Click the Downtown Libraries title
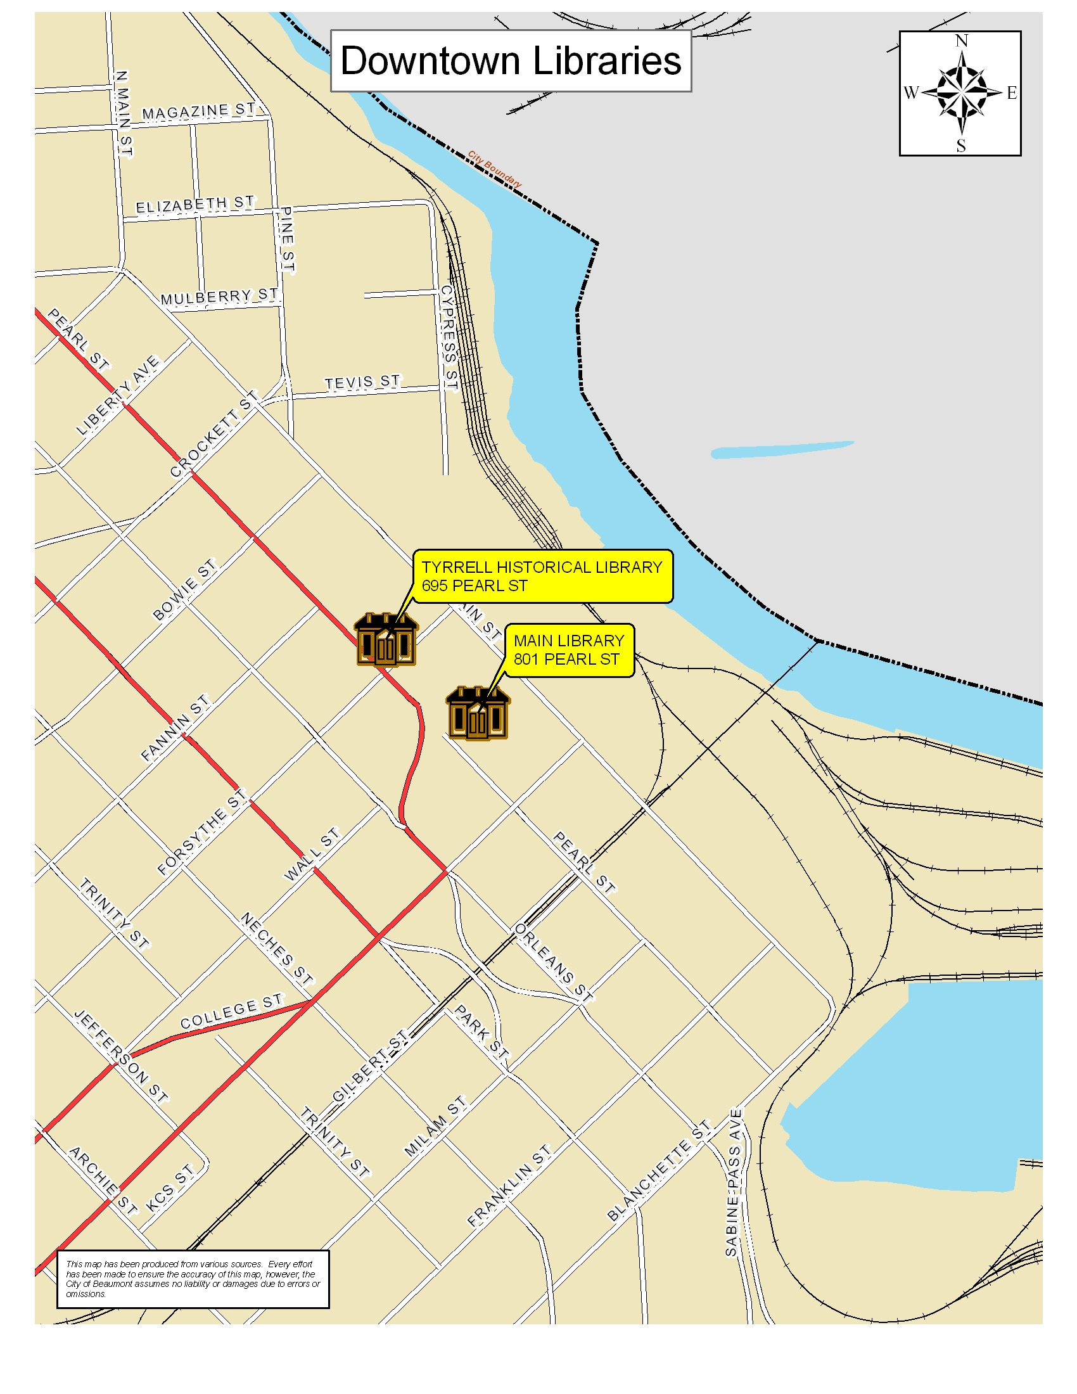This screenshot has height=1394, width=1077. point(511,61)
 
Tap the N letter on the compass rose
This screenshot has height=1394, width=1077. point(962,41)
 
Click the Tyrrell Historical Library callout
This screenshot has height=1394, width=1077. point(542,576)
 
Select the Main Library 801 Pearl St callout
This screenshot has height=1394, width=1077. point(568,649)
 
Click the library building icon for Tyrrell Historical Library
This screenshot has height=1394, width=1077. point(385,639)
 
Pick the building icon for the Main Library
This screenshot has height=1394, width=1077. point(477,713)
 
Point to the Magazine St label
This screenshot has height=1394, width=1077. point(198,112)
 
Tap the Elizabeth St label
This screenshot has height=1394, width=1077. point(195,205)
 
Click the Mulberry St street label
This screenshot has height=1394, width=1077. point(219,297)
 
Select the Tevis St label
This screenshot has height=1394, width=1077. point(362,382)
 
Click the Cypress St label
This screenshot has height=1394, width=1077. point(449,338)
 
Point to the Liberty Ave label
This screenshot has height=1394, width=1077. point(117,396)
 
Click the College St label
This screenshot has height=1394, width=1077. point(231,1011)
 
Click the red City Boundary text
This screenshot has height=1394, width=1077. point(495,169)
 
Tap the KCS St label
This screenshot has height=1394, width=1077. point(169,1189)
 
